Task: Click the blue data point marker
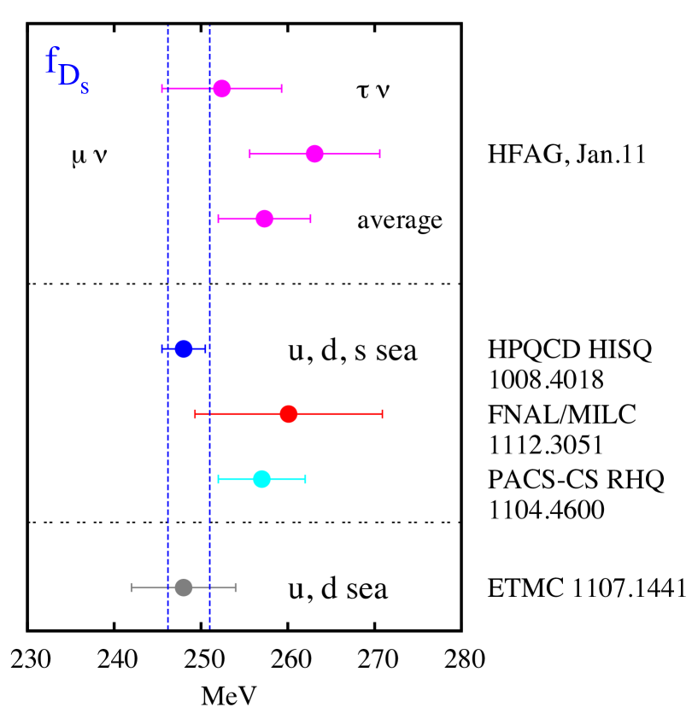click(184, 348)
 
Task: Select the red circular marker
click(289, 414)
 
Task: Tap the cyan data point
click(262, 479)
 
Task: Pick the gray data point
click(184, 587)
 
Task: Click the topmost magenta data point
click(222, 89)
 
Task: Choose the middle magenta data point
click(314, 154)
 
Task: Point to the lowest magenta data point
click(265, 219)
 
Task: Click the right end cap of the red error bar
click(382, 414)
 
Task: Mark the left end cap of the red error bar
click(196, 414)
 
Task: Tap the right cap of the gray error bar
click(236, 587)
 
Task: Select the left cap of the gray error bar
click(132, 587)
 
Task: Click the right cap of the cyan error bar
click(305, 479)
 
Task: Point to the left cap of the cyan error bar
click(219, 479)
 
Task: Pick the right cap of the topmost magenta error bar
click(281, 89)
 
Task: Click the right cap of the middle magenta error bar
click(379, 154)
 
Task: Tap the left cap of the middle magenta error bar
click(250, 154)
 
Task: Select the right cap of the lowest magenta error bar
click(310, 219)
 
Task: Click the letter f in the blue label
click(52, 61)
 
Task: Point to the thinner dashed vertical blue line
click(167, 282)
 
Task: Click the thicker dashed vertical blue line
click(209, 282)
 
